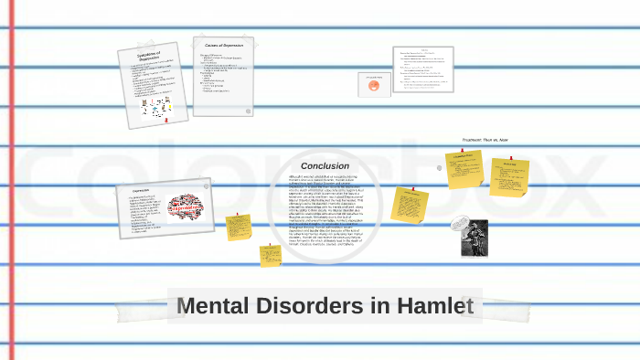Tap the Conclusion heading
pyautogui.click(x=325, y=165)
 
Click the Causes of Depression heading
pyautogui.click(x=223, y=45)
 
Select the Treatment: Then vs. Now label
pyautogui.click(x=485, y=140)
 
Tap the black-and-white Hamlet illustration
pyautogui.click(x=474, y=238)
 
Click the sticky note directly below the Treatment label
pyautogui.click(x=464, y=169)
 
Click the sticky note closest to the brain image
pyautogui.click(x=239, y=227)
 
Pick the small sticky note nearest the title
pyautogui.click(x=270, y=255)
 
